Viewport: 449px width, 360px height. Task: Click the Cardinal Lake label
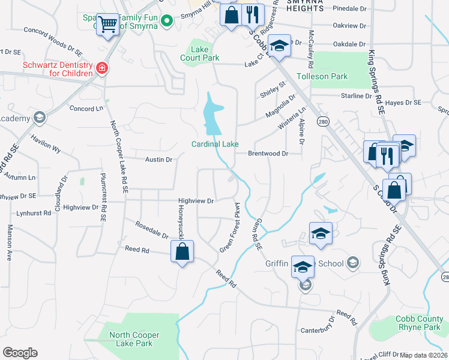coord(215,144)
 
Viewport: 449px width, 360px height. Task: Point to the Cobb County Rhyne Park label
coord(418,323)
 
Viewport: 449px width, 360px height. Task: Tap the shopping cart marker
coord(107,25)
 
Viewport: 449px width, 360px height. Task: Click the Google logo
coord(20,353)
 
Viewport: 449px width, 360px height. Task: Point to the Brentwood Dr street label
coord(268,154)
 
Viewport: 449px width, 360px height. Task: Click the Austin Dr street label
coord(159,160)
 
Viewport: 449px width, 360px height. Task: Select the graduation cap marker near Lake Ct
coord(278,46)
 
